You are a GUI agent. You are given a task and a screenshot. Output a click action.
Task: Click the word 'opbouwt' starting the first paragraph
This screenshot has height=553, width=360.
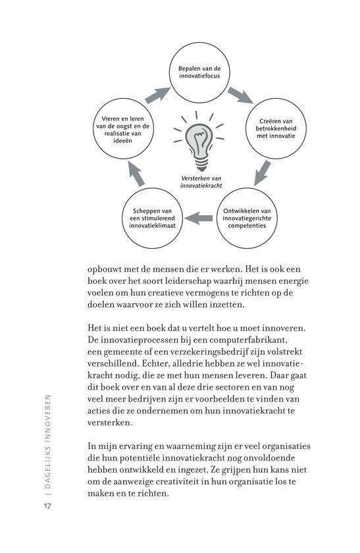[107, 269]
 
